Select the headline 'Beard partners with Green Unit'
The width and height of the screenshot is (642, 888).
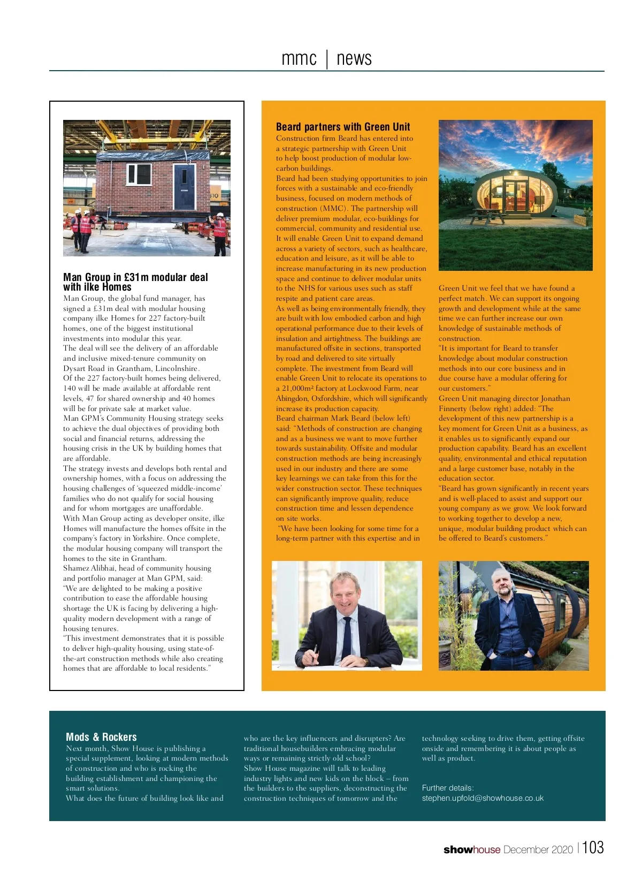point(343,127)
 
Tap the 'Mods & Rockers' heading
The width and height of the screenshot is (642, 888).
point(101,737)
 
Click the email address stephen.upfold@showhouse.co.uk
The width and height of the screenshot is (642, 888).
point(483,798)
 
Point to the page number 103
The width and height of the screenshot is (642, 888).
point(593,847)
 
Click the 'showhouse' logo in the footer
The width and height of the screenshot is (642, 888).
point(471,849)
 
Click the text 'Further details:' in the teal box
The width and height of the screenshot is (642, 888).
point(448,788)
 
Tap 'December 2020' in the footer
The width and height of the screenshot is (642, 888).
point(538,849)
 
